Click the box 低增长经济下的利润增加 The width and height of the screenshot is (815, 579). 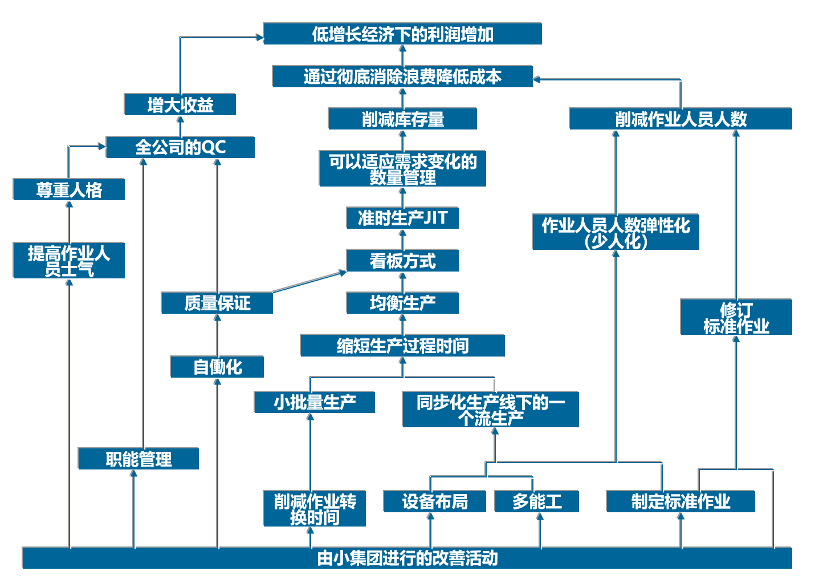pyautogui.click(x=402, y=34)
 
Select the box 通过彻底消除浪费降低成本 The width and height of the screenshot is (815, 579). pyautogui.click(x=402, y=76)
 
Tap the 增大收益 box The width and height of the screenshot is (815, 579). pyautogui.click(x=180, y=105)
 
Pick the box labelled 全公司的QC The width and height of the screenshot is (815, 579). pyautogui.click(x=180, y=147)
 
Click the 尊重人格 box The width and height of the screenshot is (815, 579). pyautogui.click(x=69, y=189)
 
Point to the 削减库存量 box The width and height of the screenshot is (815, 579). pyautogui.click(x=402, y=119)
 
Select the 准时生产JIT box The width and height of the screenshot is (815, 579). pyautogui.click(x=402, y=218)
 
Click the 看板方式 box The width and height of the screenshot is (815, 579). pyautogui.click(x=402, y=261)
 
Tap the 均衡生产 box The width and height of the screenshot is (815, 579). pyautogui.click(x=402, y=303)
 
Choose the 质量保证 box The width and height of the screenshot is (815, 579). pyautogui.click(x=217, y=303)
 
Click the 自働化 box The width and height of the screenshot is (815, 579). pyautogui.click(x=217, y=367)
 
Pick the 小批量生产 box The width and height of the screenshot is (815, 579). pyautogui.click(x=315, y=402)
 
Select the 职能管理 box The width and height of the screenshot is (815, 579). pyautogui.click(x=138, y=459)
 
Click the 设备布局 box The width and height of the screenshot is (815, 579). pyautogui.click(x=435, y=501)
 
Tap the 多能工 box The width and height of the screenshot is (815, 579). pyautogui.click(x=537, y=501)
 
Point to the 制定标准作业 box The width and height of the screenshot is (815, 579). pyautogui.click(x=680, y=501)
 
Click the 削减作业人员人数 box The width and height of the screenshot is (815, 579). pyautogui.click(x=680, y=119)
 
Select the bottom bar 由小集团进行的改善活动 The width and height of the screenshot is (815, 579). pyautogui.click(x=407, y=558)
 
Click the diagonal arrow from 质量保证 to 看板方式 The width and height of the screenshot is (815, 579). pyautogui.click(x=309, y=282)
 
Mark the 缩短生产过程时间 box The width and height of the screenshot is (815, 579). pyautogui.click(x=402, y=346)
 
